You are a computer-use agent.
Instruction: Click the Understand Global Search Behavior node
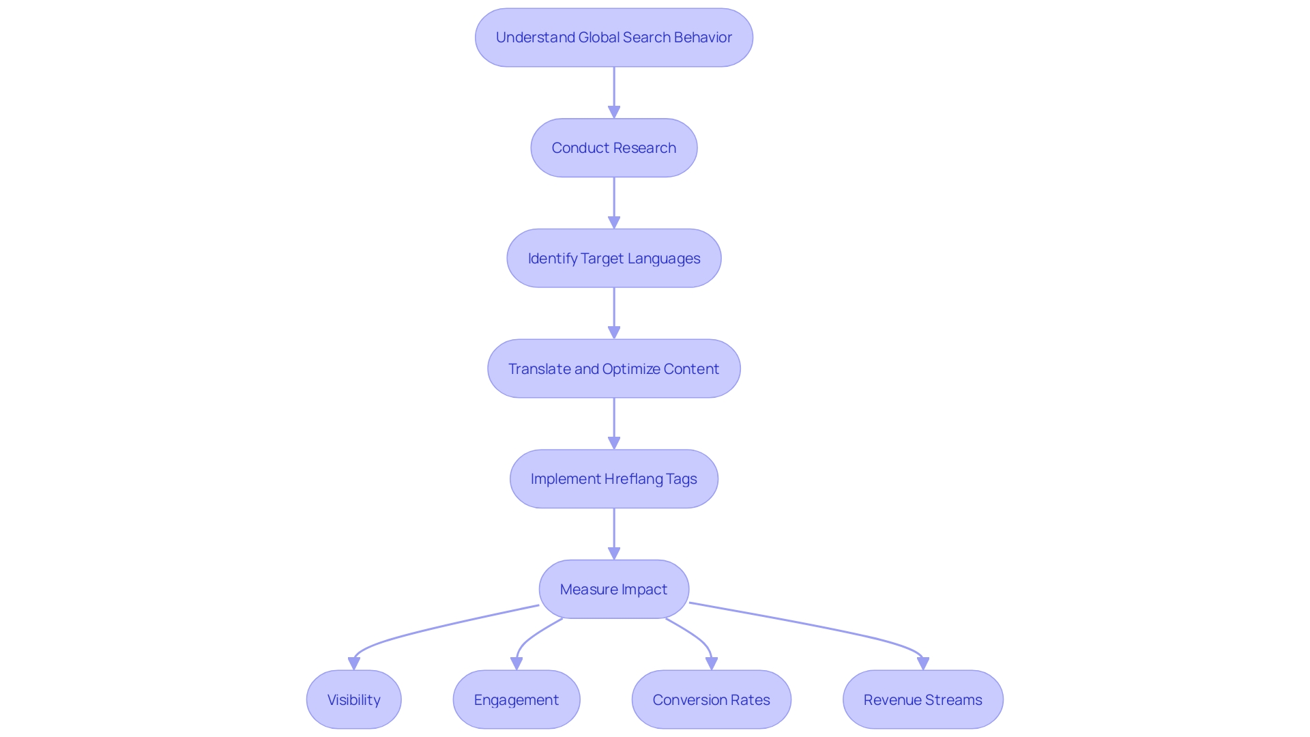[613, 38]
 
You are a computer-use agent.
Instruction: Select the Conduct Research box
[613, 148]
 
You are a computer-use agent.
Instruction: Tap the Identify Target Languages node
[613, 259]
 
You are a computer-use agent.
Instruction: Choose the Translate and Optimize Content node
[613, 369]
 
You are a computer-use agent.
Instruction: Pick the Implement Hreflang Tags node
[613, 479]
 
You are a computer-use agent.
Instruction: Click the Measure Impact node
[613, 590]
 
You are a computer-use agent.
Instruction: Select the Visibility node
[353, 700]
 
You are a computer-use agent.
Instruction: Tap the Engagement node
[516, 700]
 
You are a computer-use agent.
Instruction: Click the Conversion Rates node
[711, 700]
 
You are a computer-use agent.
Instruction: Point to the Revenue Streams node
[922, 700]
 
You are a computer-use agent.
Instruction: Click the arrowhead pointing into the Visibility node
[354, 663]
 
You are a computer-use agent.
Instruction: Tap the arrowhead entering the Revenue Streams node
[923, 663]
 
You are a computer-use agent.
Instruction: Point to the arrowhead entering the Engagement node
[516, 663]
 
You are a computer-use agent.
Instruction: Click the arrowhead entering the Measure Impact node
[614, 553]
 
